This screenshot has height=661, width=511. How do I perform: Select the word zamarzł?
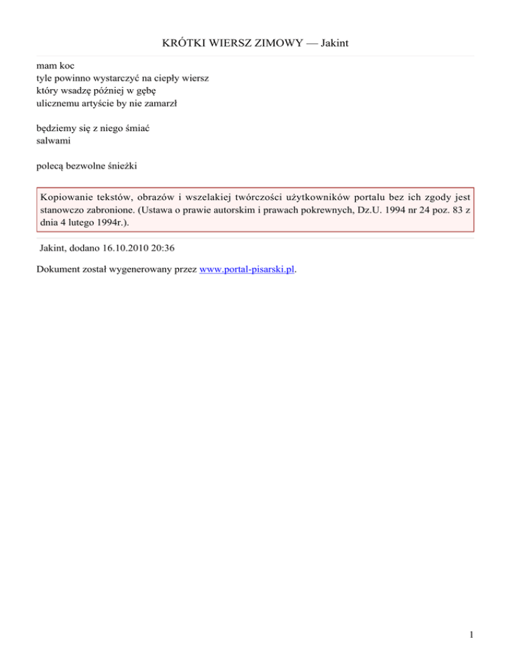pos(165,103)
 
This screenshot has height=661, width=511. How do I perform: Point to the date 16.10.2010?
pos(125,248)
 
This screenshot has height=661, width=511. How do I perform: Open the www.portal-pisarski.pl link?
pos(247,271)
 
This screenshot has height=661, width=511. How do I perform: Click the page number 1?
pos(471,636)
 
